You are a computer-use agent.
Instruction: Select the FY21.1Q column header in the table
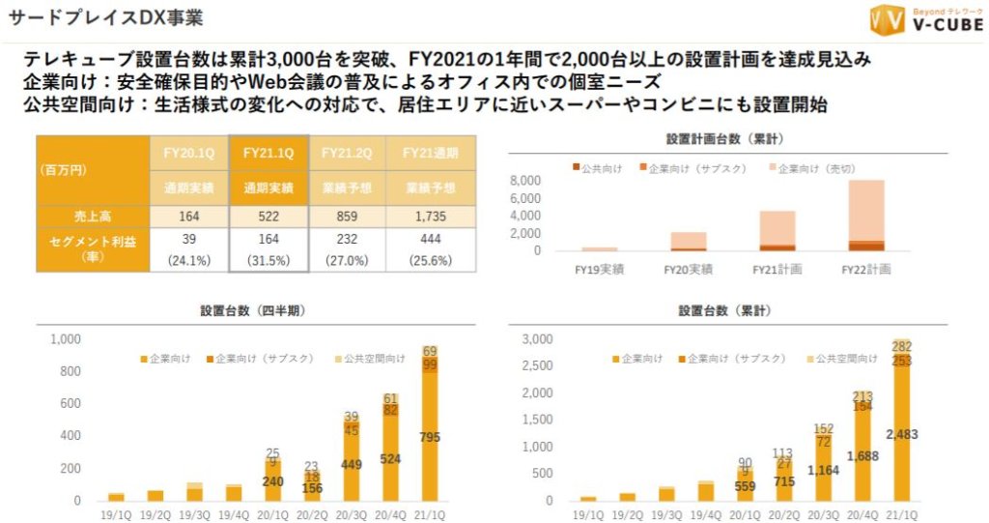click(x=269, y=152)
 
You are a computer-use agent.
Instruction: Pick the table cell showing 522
click(x=269, y=216)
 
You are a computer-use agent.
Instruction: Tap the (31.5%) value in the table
click(x=269, y=259)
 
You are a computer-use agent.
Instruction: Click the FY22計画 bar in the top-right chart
click(x=867, y=216)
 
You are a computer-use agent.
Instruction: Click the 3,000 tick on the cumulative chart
click(x=537, y=339)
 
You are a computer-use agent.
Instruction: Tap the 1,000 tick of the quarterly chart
click(x=65, y=339)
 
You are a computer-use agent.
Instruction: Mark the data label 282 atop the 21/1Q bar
click(x=901, y=346)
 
